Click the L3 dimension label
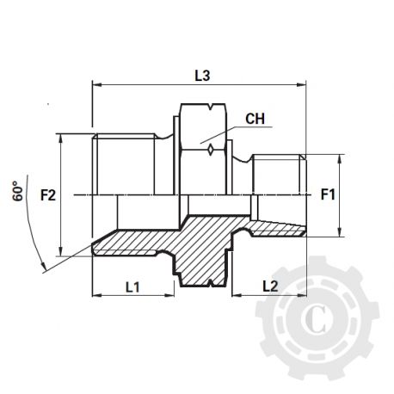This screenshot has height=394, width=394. point(202,76)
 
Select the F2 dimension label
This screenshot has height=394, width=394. point(48,195)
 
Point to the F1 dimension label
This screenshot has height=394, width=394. point(328,195)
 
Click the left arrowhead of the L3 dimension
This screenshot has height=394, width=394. point(95,85)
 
